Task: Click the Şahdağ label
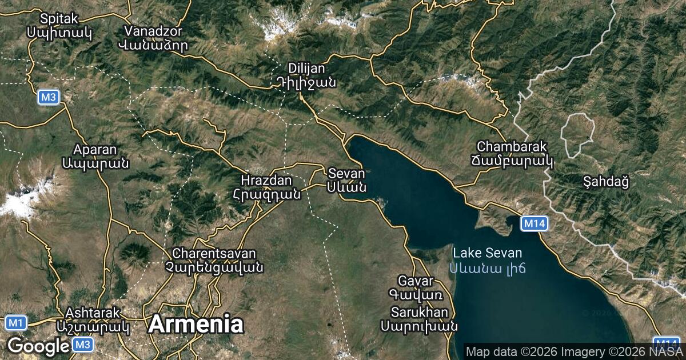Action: point(607,182)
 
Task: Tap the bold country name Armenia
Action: point(196,324)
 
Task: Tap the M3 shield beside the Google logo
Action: point(83,345)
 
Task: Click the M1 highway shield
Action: point(15,323)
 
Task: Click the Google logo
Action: point(38,346)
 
